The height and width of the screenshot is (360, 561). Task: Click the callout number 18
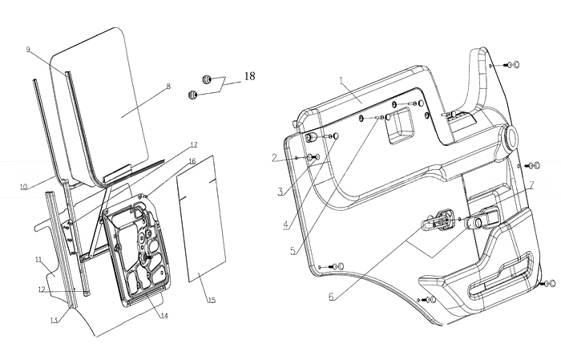coord(250,76)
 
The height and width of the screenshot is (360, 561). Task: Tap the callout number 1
coord(341,80)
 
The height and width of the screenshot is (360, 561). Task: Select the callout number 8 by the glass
coord(167,87)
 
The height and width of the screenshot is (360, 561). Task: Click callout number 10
coord(24,187)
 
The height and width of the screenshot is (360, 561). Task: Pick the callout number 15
coord(212,301)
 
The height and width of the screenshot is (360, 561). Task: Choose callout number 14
coord(163,315)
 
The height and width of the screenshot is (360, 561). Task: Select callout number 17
coord(193,145)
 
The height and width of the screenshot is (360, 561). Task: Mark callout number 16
coord(192,161)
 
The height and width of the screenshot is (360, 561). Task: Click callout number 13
coord(54,321)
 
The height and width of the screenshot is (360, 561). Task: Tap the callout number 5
coord(293,250)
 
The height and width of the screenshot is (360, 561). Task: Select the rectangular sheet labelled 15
coord(198,216)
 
